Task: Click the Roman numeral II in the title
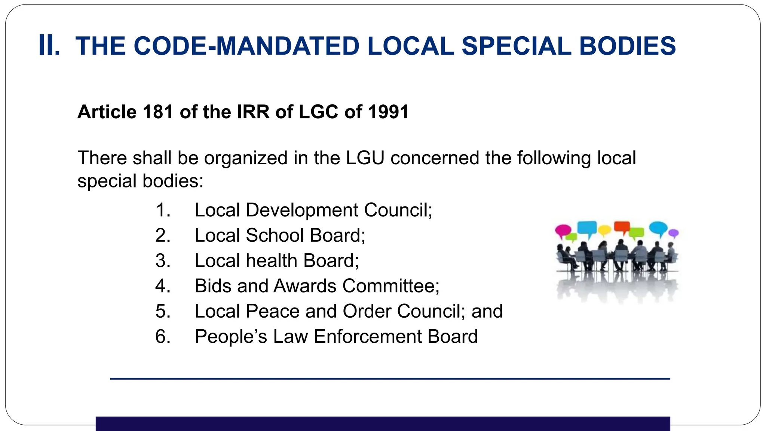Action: (49, 46)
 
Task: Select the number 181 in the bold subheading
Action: (158, 112)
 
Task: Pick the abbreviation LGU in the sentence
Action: (365, 158)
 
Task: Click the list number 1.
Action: (163, 210)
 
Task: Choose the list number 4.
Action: (163, 286)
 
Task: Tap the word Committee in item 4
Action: (390, 286)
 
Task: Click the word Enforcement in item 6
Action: (367, 337)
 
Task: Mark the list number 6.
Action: (163, 337)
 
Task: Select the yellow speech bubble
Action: (604, 230)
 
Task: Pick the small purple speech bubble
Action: (673, 233)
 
